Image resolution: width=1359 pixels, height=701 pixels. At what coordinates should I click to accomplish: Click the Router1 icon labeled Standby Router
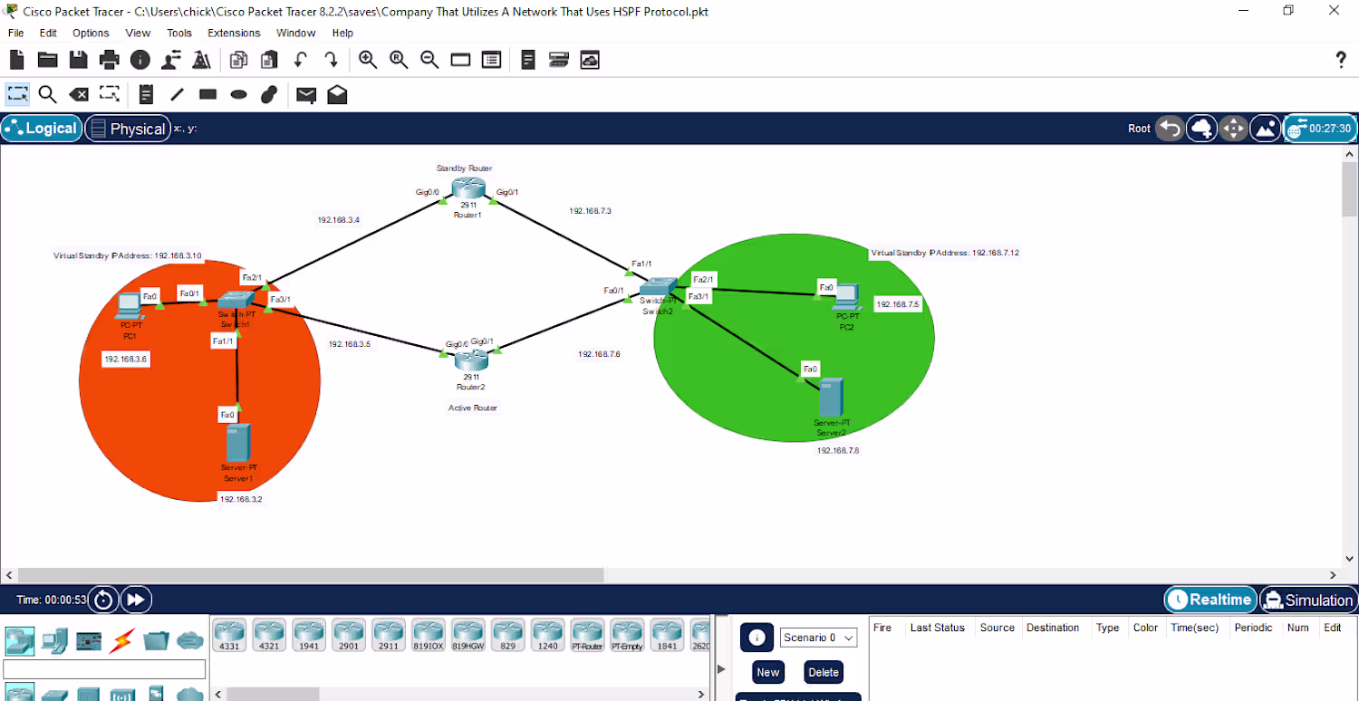click(x=469, y=188)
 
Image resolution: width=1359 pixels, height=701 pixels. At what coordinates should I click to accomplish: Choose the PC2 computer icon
click(x=847, y=295)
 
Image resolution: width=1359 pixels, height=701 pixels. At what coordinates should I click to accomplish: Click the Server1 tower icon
click(x=237, y=442)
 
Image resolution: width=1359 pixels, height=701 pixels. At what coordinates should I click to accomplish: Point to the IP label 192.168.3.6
click(x=126, y=360)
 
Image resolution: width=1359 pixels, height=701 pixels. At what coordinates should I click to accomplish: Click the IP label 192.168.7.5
click(x=898, y=305)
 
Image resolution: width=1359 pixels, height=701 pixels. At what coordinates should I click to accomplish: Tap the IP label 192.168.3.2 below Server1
click(x=241, y=499)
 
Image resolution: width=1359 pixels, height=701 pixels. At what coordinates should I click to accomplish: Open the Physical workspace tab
click(x=128, y=129)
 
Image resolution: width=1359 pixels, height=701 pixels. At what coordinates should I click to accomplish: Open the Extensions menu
click(x=234, y=33)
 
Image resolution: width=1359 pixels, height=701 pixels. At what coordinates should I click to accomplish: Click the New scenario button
click(x=768, y=672)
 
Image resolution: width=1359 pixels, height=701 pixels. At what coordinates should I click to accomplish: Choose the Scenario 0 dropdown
click(x=818, y=638)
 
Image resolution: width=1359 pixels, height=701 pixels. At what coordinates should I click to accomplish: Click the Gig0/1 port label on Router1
click(x=507, y=192)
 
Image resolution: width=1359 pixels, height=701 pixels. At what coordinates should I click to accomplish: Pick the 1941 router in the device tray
click(x=309, y=635)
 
